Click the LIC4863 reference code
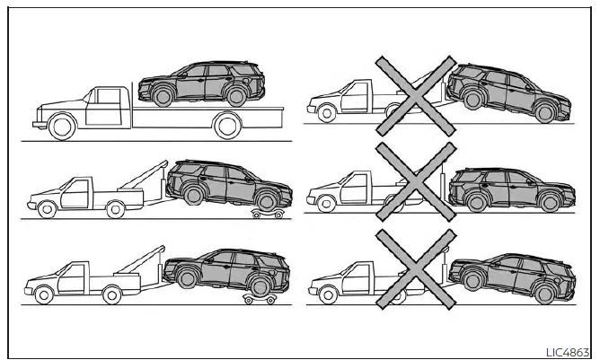click(x=570, y=351)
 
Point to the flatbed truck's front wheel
click(x=61, y=128)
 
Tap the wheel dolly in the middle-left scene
click(x=268, y=214)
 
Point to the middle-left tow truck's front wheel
click(x=47, y=209)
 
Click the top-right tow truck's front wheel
click(x=325, y=111)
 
